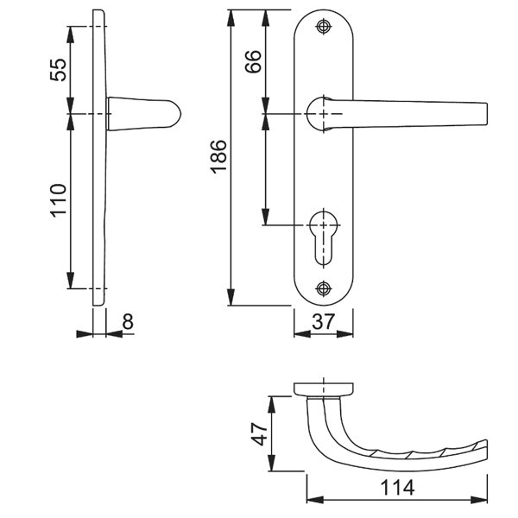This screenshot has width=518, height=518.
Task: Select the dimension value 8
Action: coord(128,322)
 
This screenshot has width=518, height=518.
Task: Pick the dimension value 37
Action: coord(324,323)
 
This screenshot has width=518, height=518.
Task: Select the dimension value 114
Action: coord(396,489)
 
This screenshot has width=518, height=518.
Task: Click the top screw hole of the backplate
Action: coord(324,27)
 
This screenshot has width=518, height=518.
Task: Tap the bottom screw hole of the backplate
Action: coord(324,287)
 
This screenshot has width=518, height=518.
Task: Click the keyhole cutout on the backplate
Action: coord(324,237)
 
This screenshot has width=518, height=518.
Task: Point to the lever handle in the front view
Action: coord(414,114)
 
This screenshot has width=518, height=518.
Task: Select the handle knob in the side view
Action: coord(142,114)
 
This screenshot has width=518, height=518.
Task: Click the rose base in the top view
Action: coord(324,388)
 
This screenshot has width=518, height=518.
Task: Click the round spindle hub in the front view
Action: coord(322,114)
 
